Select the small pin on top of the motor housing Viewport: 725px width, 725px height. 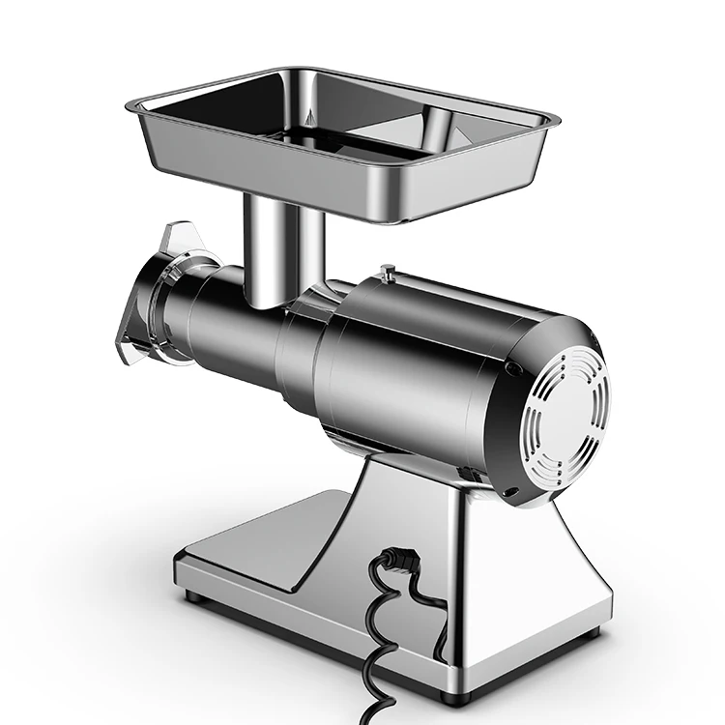click(x=386, y=273)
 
